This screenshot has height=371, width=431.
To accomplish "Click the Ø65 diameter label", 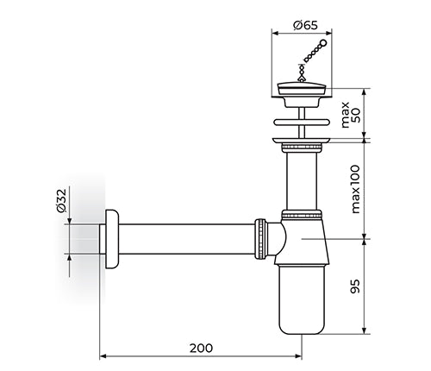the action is tap(305, 26).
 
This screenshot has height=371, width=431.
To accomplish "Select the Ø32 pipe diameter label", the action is tap(61, 200).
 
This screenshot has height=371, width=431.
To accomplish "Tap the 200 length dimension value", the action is tap(201, 348).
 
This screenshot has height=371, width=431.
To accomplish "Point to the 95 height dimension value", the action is tap(355, 286).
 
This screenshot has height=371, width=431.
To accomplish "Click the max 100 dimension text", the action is tap(355, 189).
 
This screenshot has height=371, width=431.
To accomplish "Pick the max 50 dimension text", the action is tap(351, 115).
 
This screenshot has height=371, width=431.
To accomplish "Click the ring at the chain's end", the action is tap(323, 43).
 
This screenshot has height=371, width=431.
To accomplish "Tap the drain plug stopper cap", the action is tap(302, 88).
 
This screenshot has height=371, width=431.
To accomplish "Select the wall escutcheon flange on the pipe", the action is tap(112, 239).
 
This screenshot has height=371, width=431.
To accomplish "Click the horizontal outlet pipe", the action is tap(187, 239).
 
